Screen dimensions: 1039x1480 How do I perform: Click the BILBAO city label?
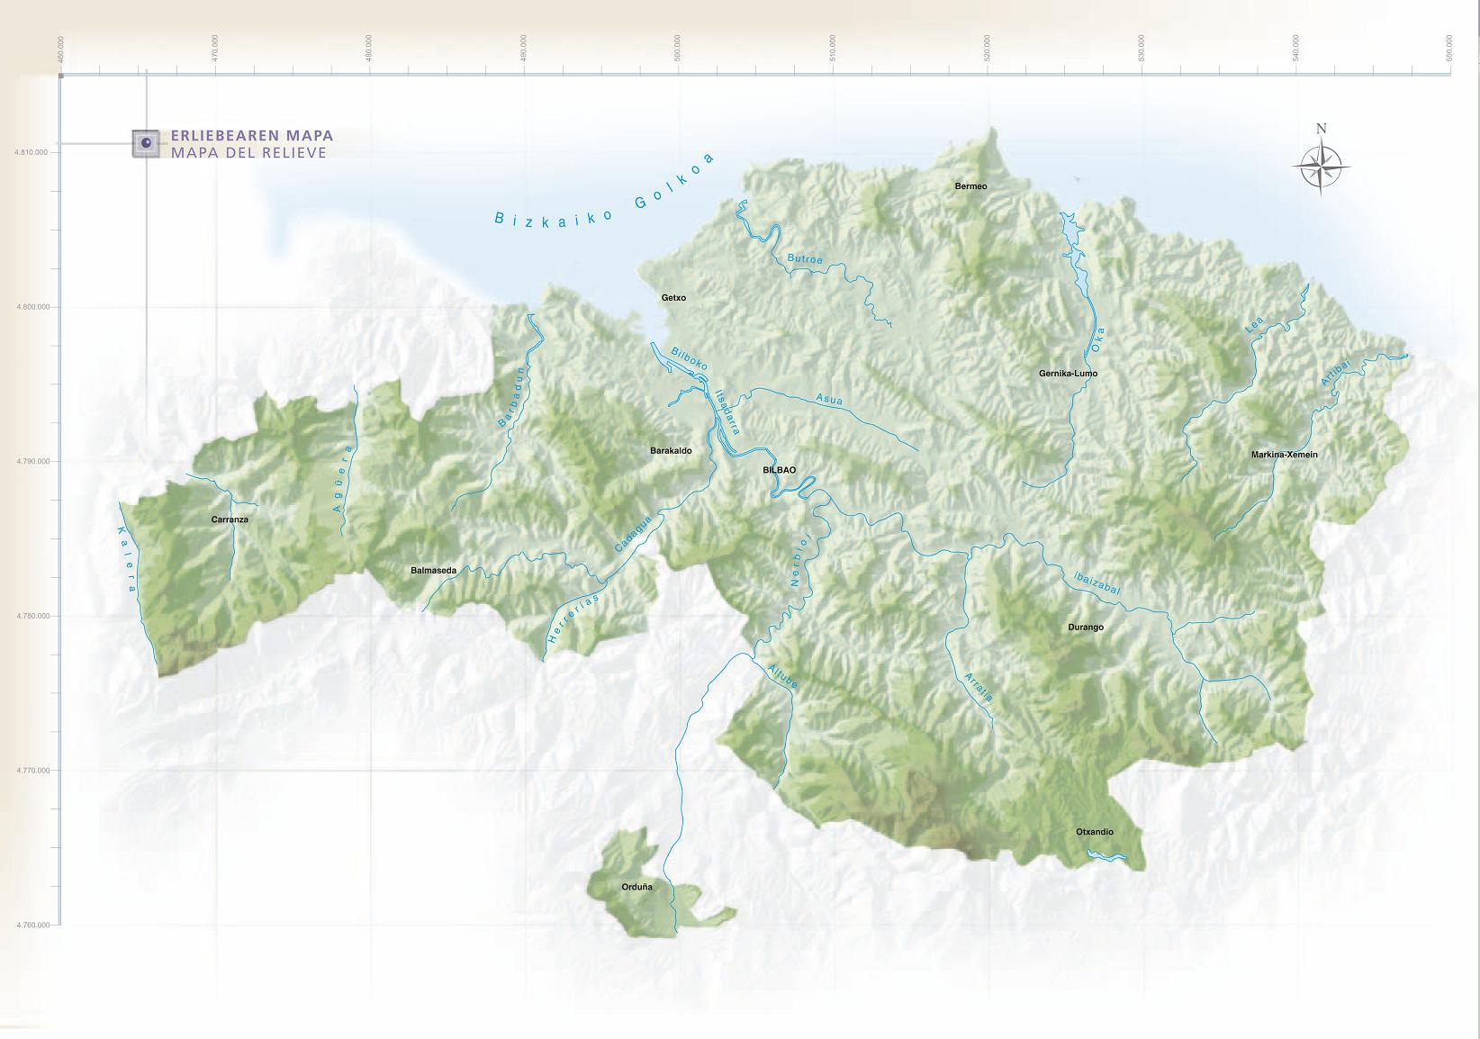[779, 470]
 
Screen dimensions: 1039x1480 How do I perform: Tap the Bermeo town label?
[970, 186]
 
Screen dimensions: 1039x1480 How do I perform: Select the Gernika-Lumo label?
[1068, 373]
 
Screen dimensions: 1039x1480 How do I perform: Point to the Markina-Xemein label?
[1284, 455]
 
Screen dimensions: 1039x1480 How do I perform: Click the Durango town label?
[1085, 628]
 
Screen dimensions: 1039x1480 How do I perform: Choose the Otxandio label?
[1094, 832]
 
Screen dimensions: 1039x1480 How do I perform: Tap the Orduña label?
[636, 887]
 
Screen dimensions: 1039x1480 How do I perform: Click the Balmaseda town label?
[433, 570]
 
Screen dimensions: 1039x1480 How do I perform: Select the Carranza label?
[230, 519]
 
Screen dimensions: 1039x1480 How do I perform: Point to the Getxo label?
[673, 298]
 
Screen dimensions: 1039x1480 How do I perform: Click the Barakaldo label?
[671, 450]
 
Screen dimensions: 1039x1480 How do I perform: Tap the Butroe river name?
[805, 259]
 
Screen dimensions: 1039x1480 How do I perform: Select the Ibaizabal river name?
[1096, 583]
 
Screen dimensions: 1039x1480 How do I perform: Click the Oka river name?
[1096, 339]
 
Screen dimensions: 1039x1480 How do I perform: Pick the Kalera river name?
[126, 559]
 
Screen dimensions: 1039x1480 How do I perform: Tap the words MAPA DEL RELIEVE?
[248, 153]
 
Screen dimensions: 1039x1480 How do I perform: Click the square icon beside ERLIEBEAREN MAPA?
[146, 143]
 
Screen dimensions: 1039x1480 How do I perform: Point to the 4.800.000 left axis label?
[32, 307]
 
